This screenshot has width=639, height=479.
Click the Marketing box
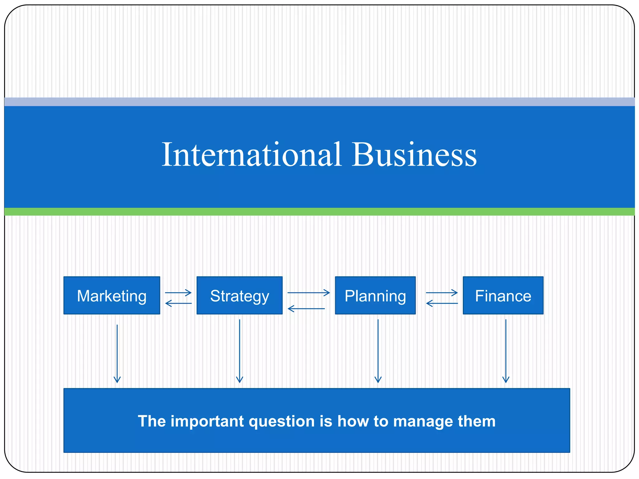[x=112, y=295]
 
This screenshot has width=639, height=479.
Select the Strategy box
[x=239, y=295]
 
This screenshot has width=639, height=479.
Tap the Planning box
[x=375, y=295]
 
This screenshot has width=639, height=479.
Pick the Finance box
[x=503, y=295]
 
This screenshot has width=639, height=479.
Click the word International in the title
[x=251, y=155]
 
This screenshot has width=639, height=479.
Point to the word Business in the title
[x=414, y=155]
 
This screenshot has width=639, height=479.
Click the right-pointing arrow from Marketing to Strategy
[x=178, y=293]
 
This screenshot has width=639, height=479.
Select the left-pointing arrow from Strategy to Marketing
[x=178, y=303]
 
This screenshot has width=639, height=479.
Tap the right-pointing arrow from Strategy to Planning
[x=308, y=293]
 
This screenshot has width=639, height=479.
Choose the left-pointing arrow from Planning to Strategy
[x=306, y=309]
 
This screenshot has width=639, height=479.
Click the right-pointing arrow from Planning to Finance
[x=441, y=293]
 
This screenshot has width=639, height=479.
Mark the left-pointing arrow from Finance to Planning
[x=441, y=303]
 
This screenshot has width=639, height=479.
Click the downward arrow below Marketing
[x=117, y=354]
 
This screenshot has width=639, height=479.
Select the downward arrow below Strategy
[x=240, y=351]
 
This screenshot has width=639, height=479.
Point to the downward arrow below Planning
[x=378, y=351]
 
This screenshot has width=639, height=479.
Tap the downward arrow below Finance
[x=506, y=351]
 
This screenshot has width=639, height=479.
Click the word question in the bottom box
[x=282, y=421]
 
